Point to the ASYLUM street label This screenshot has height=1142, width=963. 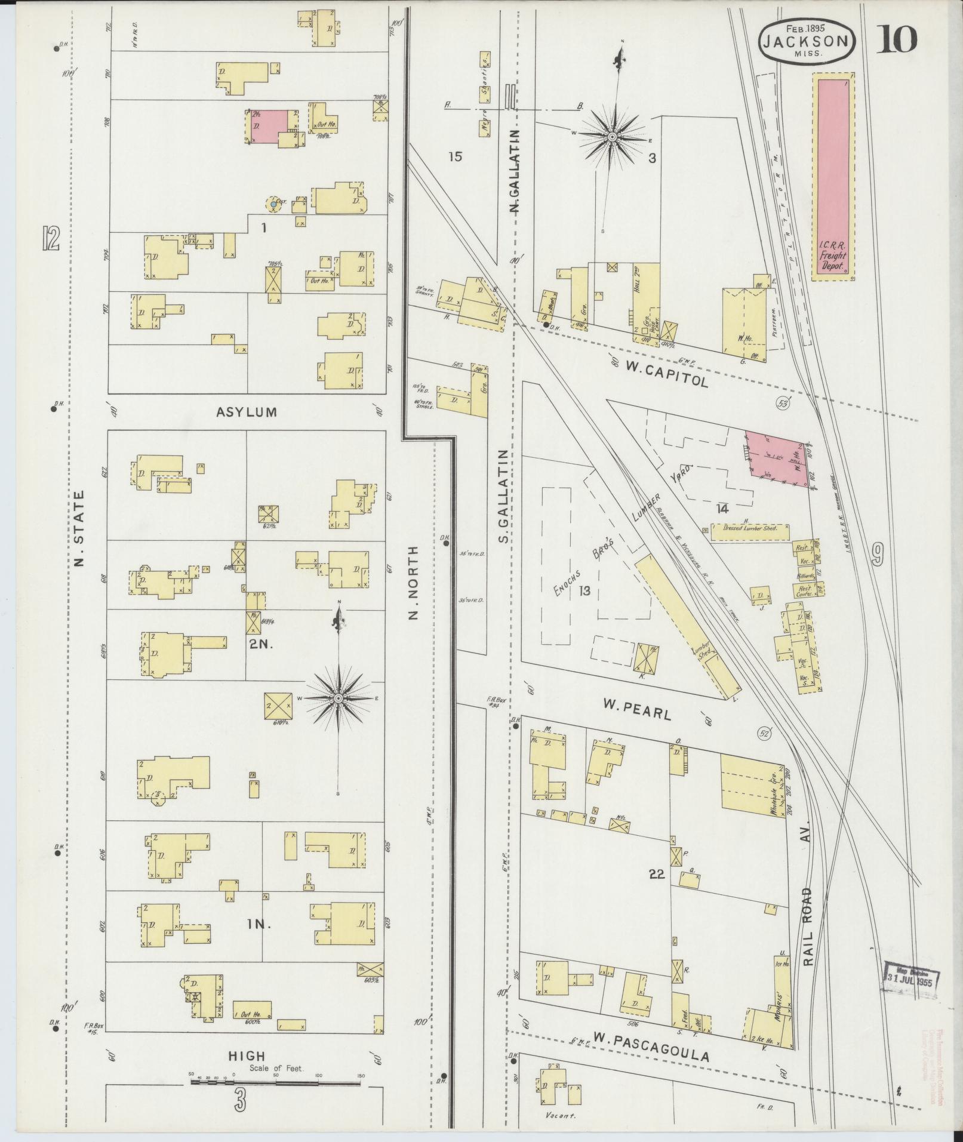(247, 412)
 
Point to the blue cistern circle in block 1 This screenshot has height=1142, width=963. (273, 204)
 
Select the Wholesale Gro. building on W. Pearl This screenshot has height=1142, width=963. (753, 785)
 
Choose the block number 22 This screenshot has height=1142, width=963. (656, 875)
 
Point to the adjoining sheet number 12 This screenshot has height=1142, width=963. (51, 238)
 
